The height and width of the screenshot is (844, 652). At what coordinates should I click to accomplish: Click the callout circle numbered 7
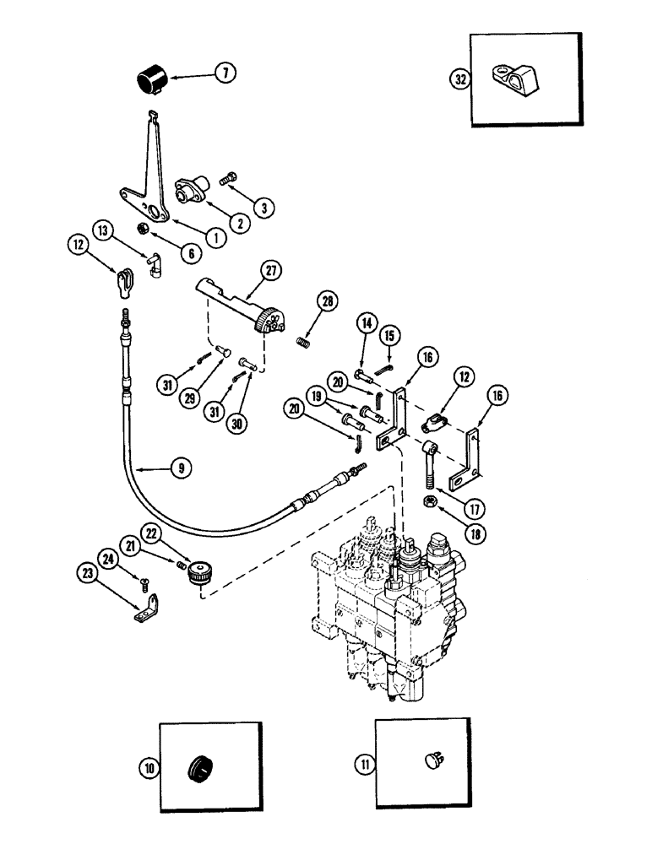click(x=224, y=73)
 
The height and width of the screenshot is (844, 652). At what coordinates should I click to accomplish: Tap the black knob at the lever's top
click(x=153, y=82)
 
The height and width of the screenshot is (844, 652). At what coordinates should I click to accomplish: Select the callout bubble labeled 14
click(x=365, y=322)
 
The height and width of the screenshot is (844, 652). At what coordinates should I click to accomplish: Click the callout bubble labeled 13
click(x=101, y=229)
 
